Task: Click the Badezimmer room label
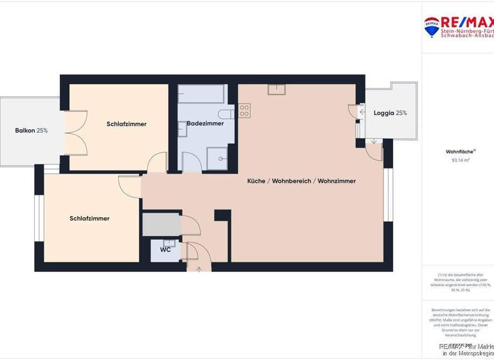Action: [205, 123]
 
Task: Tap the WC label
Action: [165, 249]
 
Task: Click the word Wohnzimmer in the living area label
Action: [336, 181]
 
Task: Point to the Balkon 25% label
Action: [31, 130]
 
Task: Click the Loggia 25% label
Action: [390, 113]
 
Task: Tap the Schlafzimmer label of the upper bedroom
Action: [127, 124]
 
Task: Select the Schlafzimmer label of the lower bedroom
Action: [89, 219]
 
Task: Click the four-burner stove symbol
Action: [244, 111]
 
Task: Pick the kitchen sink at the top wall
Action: [277, 89]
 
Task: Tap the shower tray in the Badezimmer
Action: [217, 158]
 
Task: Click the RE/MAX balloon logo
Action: [431, 26]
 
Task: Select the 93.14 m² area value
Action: [461, 161]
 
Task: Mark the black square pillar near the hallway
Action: [222, 215]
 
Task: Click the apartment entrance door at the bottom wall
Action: [198, 265]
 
